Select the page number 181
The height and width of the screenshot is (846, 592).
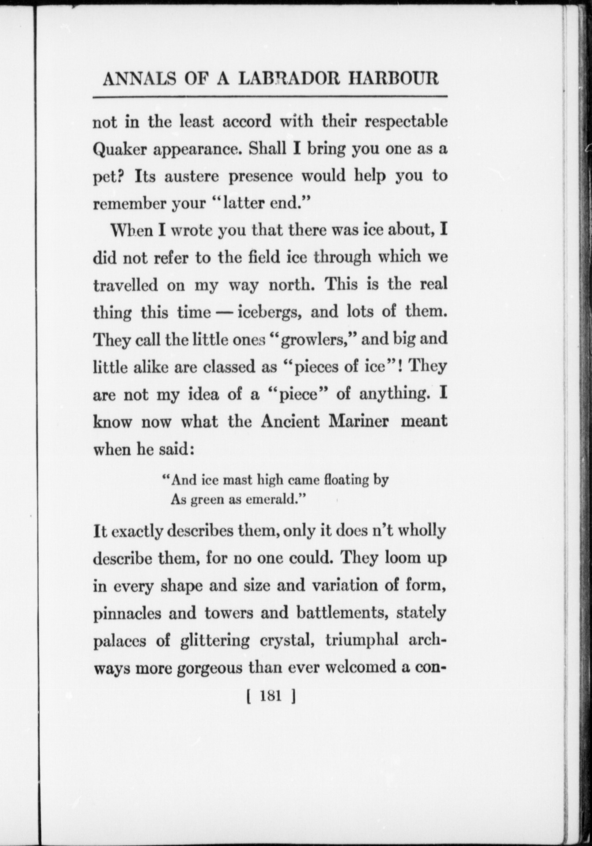pos(271,696)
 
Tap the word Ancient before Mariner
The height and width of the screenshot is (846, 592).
pos(290,422)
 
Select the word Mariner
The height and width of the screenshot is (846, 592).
pos(359,422)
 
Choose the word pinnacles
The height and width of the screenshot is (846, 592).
pos(127,613)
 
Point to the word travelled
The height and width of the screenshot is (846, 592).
pos(126,285)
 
